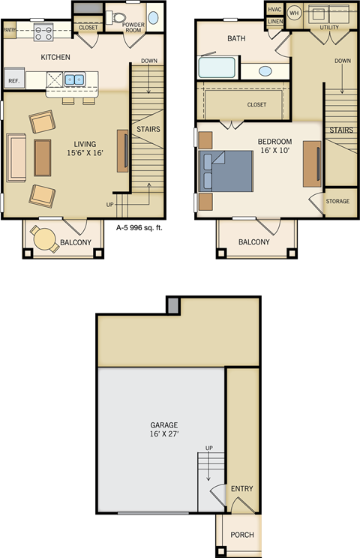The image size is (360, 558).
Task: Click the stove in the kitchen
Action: click(43, 33)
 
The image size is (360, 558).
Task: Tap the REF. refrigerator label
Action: click(13, 79)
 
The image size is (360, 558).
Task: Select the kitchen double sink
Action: click(74, 79)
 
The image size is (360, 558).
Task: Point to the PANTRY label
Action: click(10, 30)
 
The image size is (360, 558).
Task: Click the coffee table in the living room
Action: click(43, 157)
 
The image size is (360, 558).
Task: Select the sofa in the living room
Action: click(16, 157)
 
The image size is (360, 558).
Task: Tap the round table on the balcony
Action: click(45, 239)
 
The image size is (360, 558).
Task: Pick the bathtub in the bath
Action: click(217, 69)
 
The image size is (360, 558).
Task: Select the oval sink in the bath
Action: click(265, 71)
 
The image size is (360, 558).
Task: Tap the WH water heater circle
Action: click(294, 13)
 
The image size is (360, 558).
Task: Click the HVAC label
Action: click(274, 9)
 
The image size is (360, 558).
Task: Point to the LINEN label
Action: click(274, 22)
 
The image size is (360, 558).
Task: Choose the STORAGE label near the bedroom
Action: click(337, 201)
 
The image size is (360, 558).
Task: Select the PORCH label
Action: click(241, 535)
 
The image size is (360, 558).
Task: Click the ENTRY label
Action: click(241, 488)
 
